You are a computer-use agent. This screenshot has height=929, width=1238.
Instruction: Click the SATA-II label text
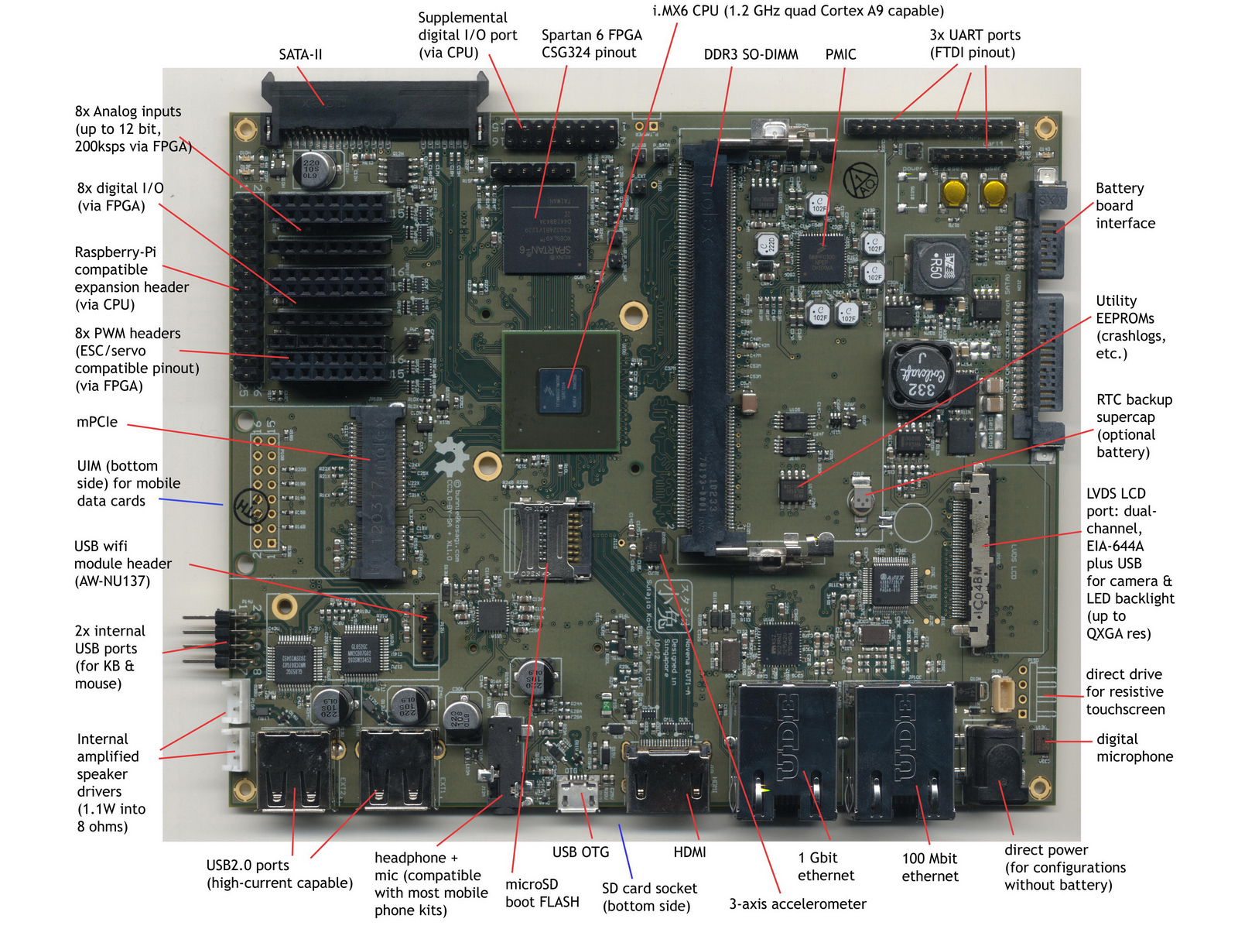point(300,54)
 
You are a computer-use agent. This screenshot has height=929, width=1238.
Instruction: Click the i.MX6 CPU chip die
point(561,391)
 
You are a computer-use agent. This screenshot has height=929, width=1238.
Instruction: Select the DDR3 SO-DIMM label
point(751,54)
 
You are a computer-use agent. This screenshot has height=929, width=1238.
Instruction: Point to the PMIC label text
point(840,54)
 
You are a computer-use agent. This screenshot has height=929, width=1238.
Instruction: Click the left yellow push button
point(955,190)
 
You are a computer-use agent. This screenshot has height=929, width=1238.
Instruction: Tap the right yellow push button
point(993,190)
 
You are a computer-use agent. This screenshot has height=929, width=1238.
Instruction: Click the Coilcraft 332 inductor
point(922,374)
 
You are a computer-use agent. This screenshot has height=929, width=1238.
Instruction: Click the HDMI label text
point(689,852)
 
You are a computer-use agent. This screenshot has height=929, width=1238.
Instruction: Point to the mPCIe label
point(97,422)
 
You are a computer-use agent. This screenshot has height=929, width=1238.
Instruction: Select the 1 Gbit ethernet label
point(826,866)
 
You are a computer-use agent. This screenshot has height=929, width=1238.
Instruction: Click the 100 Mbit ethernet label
point(930,867)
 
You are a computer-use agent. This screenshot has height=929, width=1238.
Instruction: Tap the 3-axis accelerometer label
point(797,903)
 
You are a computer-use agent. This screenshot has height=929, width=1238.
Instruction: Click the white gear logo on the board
point(450,456)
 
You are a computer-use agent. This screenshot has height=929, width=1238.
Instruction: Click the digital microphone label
point(1134,748)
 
